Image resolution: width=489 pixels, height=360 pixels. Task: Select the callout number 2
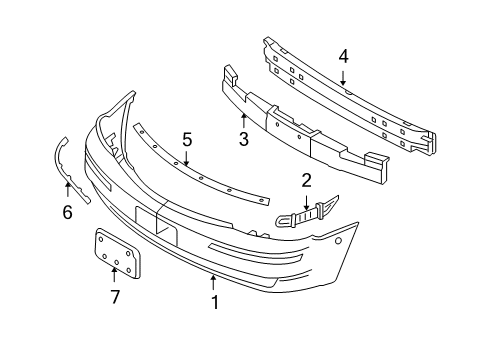[x=307, y=180]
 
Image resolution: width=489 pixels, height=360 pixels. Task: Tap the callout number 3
[x=243, y=141]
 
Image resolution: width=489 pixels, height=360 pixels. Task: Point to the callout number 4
[x=343, y=57]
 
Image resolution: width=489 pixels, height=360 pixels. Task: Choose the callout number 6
[x=67, y=212]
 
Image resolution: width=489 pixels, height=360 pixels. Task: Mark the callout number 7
[x=115, y=297]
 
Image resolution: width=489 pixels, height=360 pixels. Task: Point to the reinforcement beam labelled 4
[x=350, y=95]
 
